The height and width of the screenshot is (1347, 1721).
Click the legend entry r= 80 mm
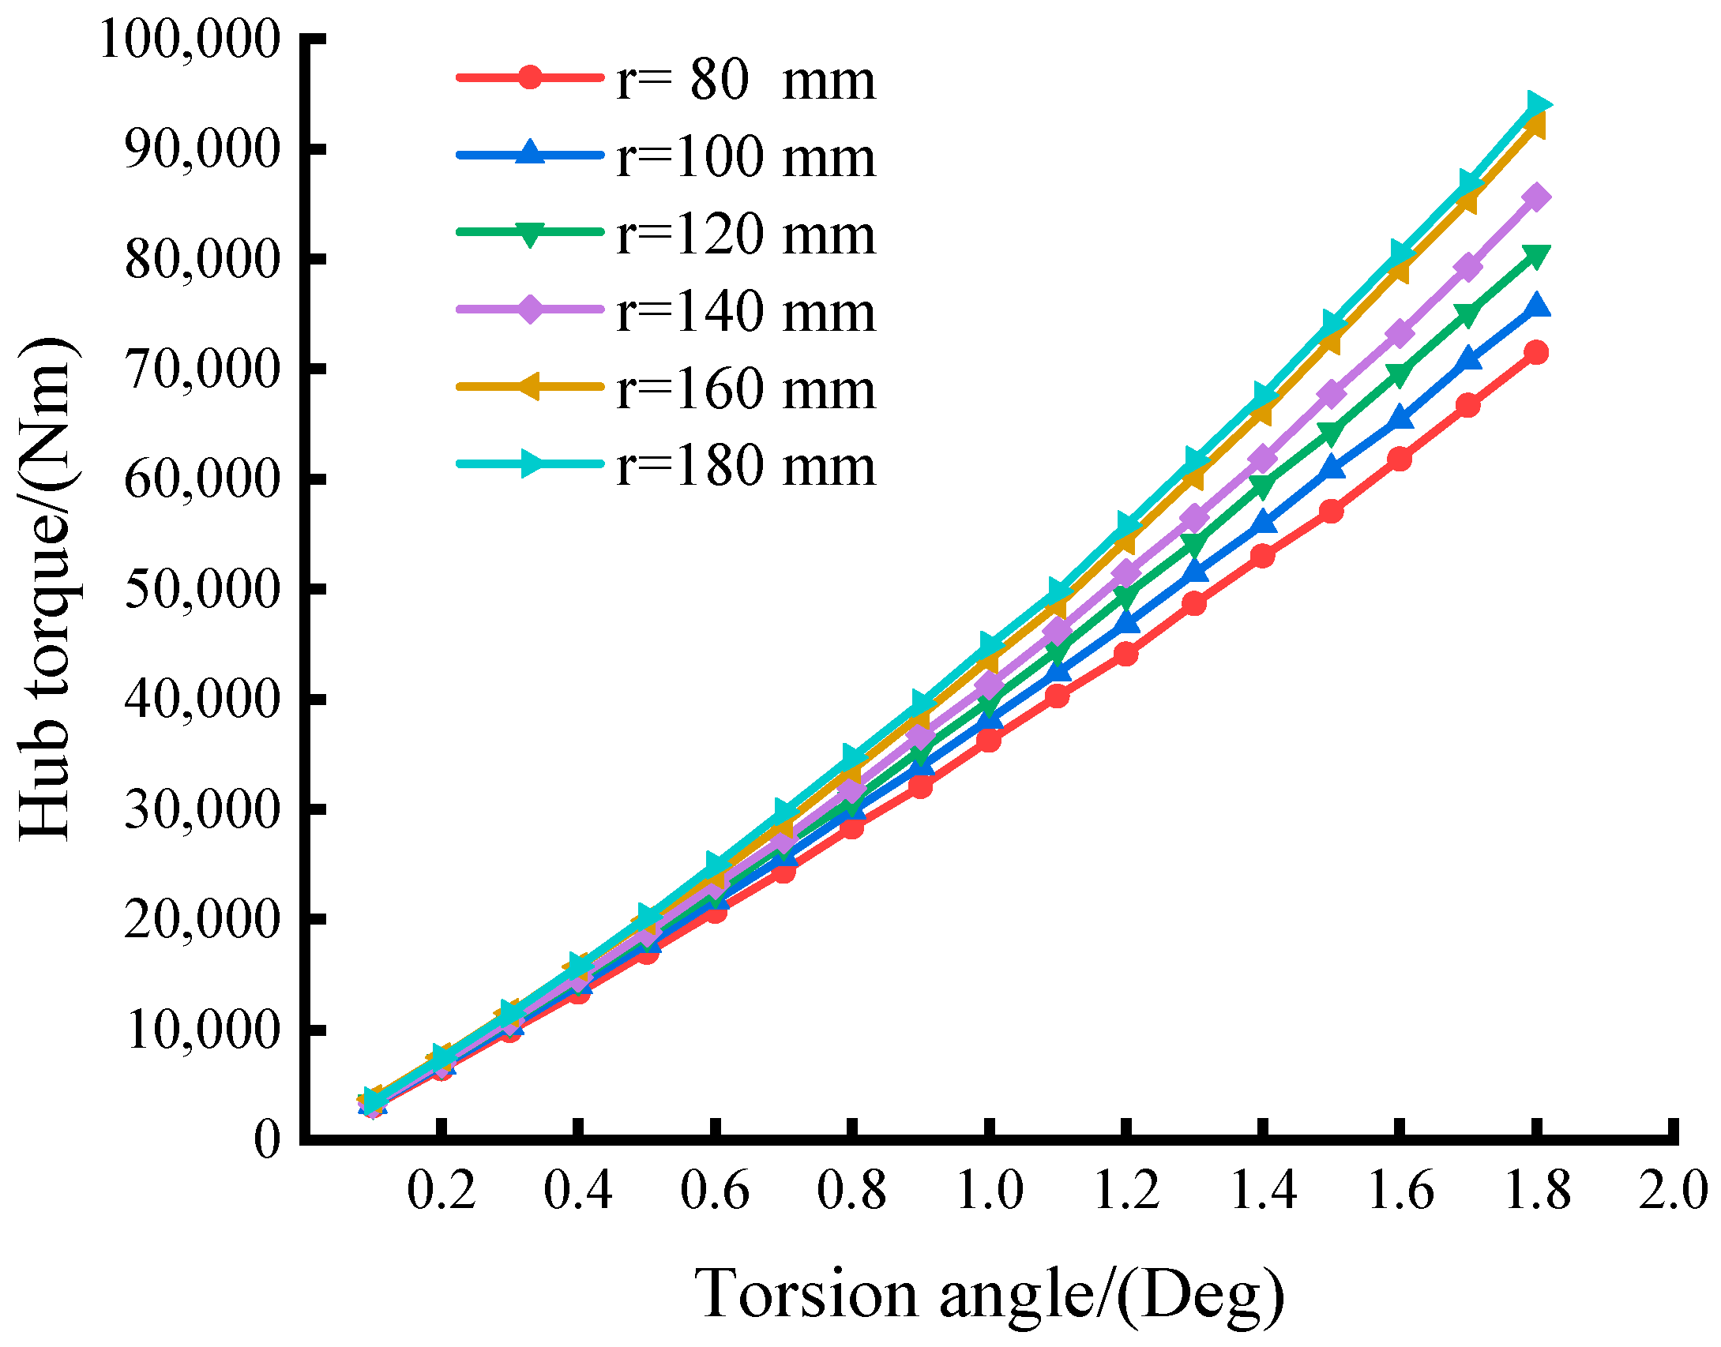[745, 80]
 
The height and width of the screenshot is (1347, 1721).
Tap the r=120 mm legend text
[745, 234]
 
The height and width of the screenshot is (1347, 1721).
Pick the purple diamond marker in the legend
[531, 310]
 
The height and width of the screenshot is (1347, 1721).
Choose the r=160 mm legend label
[745, 388]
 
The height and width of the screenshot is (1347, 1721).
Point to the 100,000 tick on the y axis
[190, 39]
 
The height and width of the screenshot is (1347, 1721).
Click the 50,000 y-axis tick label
[202, 589]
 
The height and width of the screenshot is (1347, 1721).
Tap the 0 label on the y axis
[267, 1139]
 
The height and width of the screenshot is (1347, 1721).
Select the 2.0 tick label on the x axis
[1672, 1191]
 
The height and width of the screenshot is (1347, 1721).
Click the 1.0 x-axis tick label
[989, 1191]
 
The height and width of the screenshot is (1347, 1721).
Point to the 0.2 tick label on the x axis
[442, 1191]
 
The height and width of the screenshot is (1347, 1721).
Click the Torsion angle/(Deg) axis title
[989, 1293]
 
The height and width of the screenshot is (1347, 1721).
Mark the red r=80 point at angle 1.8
[1535, 352]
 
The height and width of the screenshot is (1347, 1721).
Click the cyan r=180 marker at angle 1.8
[1537, 104]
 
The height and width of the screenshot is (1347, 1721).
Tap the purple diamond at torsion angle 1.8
[1535, 197]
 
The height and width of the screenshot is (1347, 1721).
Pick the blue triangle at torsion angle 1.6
[1400, 418]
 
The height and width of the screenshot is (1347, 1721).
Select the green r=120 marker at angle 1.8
[1535, 257]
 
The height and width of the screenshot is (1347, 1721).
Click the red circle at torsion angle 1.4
[1262, 556]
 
